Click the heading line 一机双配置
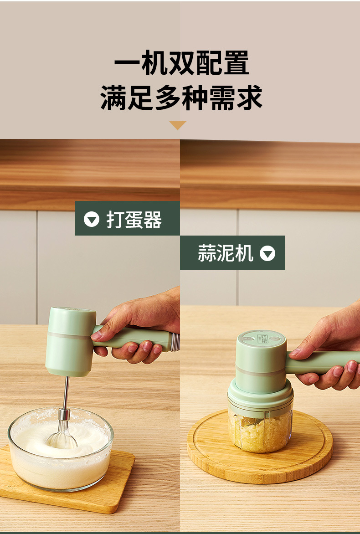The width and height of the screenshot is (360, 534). click(x=181, y=63)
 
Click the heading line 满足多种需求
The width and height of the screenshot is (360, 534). click(x=181, y=98)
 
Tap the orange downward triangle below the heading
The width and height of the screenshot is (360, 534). click(x=178, y=125)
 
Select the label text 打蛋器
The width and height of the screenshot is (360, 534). click(x=134, y=220)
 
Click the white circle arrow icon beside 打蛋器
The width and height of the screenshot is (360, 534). click(x=92, y=220)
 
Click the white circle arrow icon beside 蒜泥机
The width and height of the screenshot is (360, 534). click(x=267, y=253)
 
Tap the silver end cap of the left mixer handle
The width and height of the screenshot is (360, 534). click(x=175, y=342)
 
